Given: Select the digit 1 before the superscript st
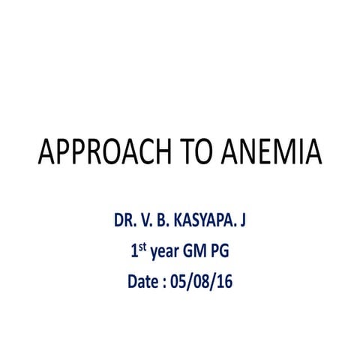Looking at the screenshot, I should [133, 253].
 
